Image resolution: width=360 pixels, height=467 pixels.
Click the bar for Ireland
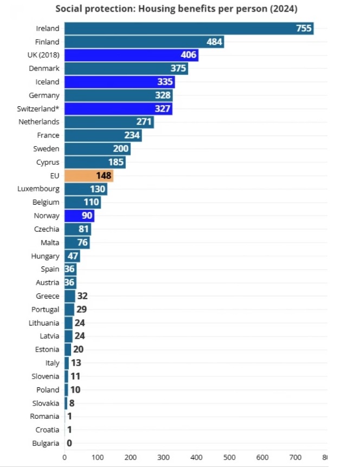(x=189, y=29)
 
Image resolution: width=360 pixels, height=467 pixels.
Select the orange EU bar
(x=89, y=176)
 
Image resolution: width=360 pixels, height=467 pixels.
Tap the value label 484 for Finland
(x=215, y=42)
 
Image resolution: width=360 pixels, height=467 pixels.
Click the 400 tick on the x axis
(x=196, y=457)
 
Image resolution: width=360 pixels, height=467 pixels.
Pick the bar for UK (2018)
(x=131, y=55)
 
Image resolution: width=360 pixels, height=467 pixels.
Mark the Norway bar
(x=79, y=216)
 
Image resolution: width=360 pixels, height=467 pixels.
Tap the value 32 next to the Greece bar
(x=82, y=296)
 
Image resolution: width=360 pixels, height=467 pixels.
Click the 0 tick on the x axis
(x=65, y=457)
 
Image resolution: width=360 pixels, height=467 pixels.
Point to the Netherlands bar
(x=109, y=122)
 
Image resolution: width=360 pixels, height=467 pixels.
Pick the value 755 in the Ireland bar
(x=304, y=29)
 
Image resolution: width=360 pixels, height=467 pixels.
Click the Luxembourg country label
(x=38, y=189)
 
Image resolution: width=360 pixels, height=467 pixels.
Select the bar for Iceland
(x=119, y=82)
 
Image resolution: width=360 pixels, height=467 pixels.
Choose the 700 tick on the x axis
(x=295, y=457)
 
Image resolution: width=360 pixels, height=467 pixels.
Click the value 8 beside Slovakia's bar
(x=72, y=403)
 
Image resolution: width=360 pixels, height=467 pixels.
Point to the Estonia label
(x=47, y=349)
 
